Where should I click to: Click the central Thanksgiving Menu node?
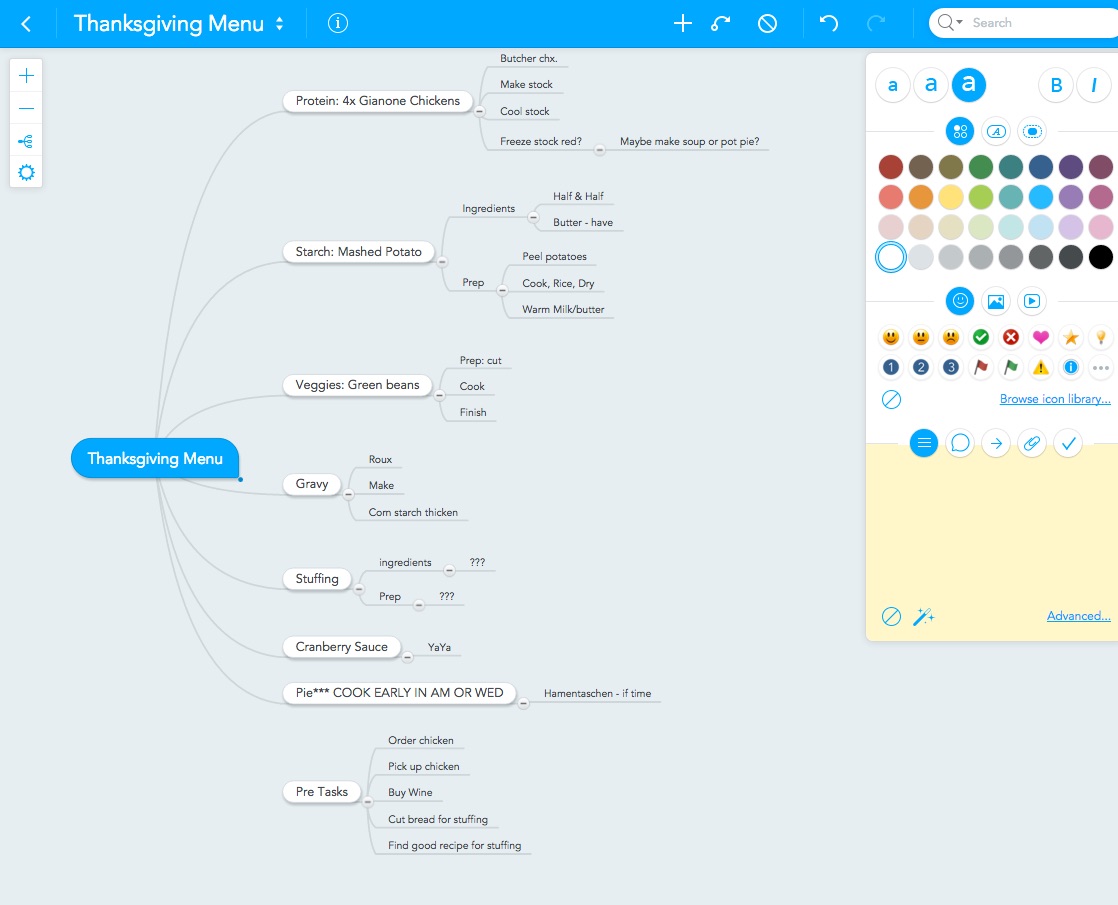pyautogui.click(x=155, y=459)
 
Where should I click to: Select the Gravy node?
pyautogui.click(x=312, y=484)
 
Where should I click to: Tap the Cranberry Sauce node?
pyautogui.click(x=342, y=647)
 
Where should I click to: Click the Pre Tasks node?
pyautogui.click(x=322, y=792)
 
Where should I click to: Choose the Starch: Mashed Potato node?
pyautogui.click(x=359, y=252)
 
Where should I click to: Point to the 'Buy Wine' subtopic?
pyautogui.click(x=410, y=792)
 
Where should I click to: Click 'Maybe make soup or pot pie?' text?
pyautogui.click(x=689, y=141)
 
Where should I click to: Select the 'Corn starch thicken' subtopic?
pyautogui.click(x=413, y=512)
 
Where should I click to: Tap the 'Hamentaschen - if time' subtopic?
pyautogui.click(x=598, y=693)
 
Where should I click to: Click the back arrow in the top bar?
pyautogui.click(x=26, y=24)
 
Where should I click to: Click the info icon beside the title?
pyautogui.click(x=338, y=24)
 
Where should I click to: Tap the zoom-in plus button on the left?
pyautogui.click(x=26, y=76)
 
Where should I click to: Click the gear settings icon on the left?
pyautogui.click(x=26, y=173)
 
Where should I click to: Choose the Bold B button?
pyautogui.click(x=1057, y=86)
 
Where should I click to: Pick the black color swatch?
pyautogui.click(x=1101, y=257)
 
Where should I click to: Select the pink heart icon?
pyautogui.click(x=1041, y=337)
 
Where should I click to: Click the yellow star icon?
pyautogui.click(x=1071, y=337)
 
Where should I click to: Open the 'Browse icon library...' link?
pyautogui.click(x=1055, y=399)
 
